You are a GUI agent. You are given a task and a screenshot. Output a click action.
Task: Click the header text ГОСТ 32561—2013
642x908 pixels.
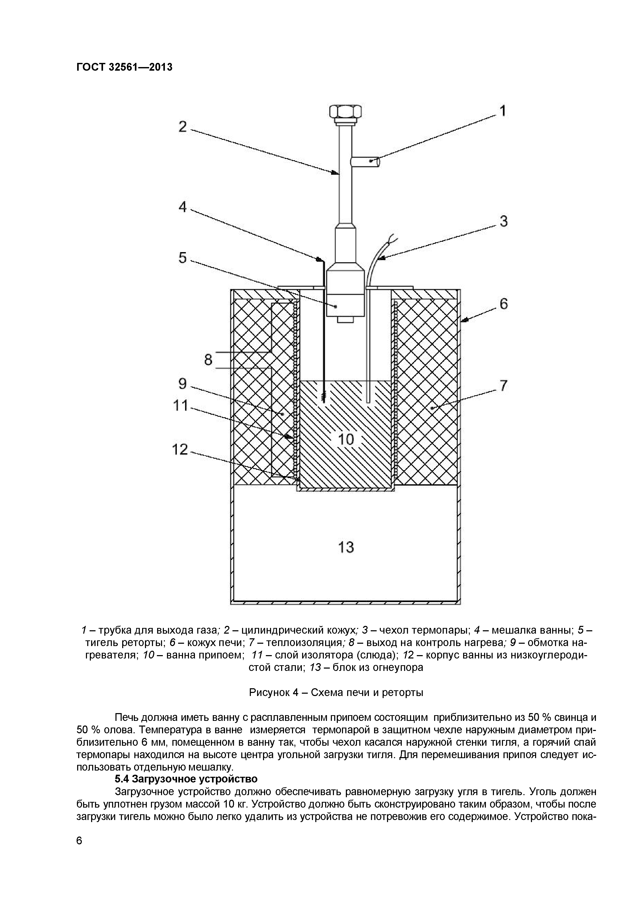[x=124, y=67]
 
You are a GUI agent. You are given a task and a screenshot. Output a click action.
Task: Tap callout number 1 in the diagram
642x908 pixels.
[x=502, y=111]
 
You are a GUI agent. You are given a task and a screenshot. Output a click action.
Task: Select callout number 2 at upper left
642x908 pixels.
[x=182, y=127]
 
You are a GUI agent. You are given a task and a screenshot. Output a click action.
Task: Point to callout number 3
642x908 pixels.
[x=504, y=222]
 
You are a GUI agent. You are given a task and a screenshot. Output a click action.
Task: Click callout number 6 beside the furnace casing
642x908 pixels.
[x=504, y=304]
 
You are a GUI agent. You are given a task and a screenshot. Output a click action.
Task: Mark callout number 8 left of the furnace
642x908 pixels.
[x=208, y=360]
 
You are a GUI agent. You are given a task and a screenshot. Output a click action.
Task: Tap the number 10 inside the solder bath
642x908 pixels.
[x=346, y=439]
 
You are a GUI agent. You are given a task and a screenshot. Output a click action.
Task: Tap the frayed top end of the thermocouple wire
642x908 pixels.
[x=394, y=238]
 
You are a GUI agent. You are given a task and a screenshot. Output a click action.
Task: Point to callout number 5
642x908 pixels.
[x=182, y=258]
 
